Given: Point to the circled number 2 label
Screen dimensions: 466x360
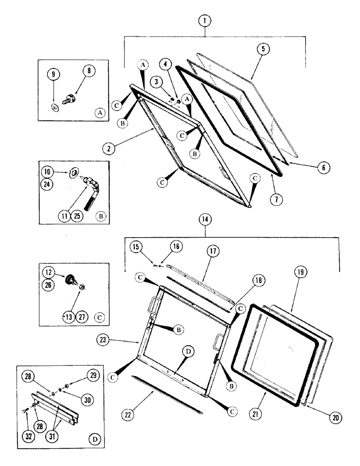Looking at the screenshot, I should [x=108, y=150].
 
